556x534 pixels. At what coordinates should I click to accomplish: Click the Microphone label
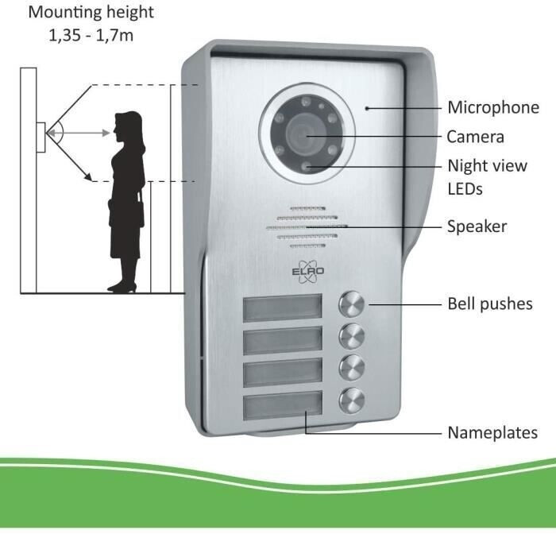tap(492, 107)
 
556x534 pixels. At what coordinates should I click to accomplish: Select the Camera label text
tap(475, 137)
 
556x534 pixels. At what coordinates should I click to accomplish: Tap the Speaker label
tap(477, 226)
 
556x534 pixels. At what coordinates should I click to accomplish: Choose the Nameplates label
tap(492, 433)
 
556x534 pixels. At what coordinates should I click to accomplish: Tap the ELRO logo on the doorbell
tap(308, 272)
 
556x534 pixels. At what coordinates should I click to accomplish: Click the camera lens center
tap(306, 135)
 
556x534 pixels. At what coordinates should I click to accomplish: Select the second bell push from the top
tap(352, 335)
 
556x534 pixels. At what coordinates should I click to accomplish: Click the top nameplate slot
tap(283, 308)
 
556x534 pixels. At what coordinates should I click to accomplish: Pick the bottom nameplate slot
tap(283, 406)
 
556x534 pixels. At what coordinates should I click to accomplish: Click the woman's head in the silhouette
tap(127, 126)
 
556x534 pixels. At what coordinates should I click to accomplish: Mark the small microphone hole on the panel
tap(366, 106)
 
